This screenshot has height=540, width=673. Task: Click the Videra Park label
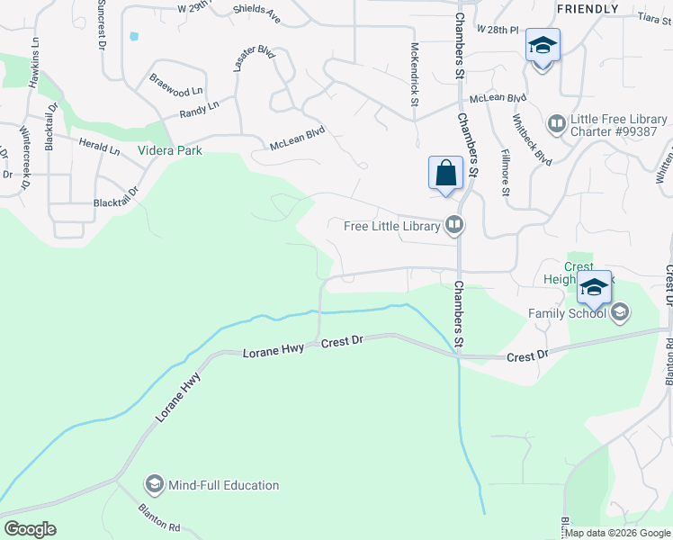(169, 150)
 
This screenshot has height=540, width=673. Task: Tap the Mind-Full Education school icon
(154, 485)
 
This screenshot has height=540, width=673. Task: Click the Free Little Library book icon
(455, 225)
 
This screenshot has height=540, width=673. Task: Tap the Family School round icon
(619, 313)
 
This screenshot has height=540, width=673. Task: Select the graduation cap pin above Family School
(594, 287)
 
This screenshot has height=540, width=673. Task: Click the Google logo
(30, 529)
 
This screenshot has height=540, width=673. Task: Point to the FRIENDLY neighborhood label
(588, 9)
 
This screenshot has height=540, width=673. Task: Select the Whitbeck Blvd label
(532, 139)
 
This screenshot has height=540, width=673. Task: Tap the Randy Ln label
(199, 109)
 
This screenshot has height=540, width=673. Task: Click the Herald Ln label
(99, 147)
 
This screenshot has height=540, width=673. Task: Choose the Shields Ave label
(256, 13)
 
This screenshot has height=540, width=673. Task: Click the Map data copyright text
(618, 533)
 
